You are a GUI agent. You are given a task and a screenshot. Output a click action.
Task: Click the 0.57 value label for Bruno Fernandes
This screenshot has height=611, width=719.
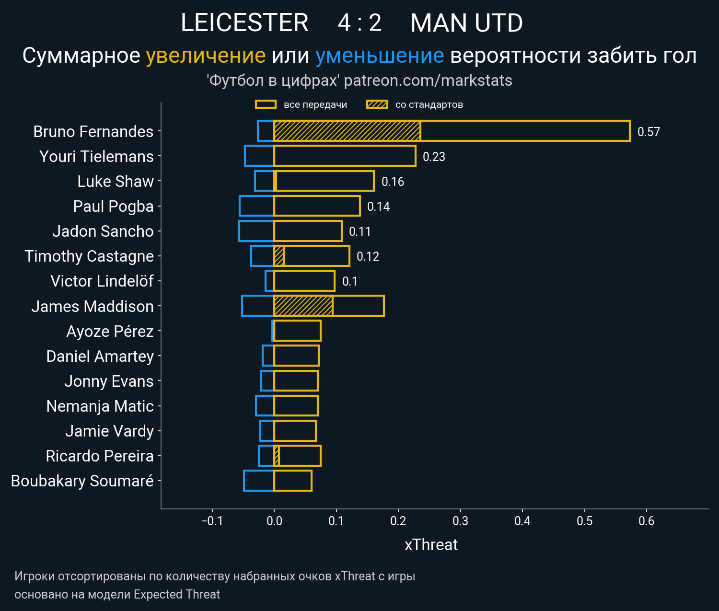click(649, 132)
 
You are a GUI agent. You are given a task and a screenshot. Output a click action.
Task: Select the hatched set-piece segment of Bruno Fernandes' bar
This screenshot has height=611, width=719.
click(347, 131)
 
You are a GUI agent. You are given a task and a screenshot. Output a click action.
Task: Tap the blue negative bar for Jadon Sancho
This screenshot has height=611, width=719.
click(256, 231)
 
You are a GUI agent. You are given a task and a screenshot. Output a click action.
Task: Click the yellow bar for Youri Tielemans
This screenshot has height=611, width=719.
click(345, 156)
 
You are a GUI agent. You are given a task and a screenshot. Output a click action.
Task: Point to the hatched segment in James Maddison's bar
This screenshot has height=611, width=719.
click(303, 306)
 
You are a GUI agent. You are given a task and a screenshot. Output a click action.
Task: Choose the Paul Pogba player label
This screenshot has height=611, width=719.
click(113, 206)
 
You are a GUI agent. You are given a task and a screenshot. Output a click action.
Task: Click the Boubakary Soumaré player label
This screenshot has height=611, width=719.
click(82, 481)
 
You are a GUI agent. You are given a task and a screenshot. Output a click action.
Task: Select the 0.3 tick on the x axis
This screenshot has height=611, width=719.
click(460, 521)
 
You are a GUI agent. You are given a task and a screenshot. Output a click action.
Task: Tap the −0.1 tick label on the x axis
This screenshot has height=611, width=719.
click(212, 521)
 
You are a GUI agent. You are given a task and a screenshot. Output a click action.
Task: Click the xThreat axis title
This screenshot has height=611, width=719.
click(431, 545)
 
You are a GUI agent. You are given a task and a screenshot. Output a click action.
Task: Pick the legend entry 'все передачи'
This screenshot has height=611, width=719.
click(315, 104)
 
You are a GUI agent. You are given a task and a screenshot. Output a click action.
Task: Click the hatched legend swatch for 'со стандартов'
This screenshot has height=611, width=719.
click(377, 104)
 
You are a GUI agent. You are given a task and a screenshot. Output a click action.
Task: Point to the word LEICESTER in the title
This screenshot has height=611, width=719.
click(244, 23)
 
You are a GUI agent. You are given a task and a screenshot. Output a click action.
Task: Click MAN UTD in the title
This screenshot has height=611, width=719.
click(466, 23)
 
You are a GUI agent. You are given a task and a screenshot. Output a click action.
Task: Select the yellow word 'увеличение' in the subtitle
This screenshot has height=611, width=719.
click(206, 56)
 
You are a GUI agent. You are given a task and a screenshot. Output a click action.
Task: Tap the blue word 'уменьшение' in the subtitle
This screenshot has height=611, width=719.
click(380, 56)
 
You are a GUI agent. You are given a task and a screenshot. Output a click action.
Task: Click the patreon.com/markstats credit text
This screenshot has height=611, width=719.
click(428, 81)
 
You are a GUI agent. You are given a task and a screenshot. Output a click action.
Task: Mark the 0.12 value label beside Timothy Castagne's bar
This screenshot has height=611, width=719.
click(368, 256)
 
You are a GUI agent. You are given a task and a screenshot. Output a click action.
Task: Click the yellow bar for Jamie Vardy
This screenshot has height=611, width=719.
click(295, 431)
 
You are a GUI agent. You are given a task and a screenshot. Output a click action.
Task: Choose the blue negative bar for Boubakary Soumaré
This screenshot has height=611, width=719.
click(259, 481)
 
